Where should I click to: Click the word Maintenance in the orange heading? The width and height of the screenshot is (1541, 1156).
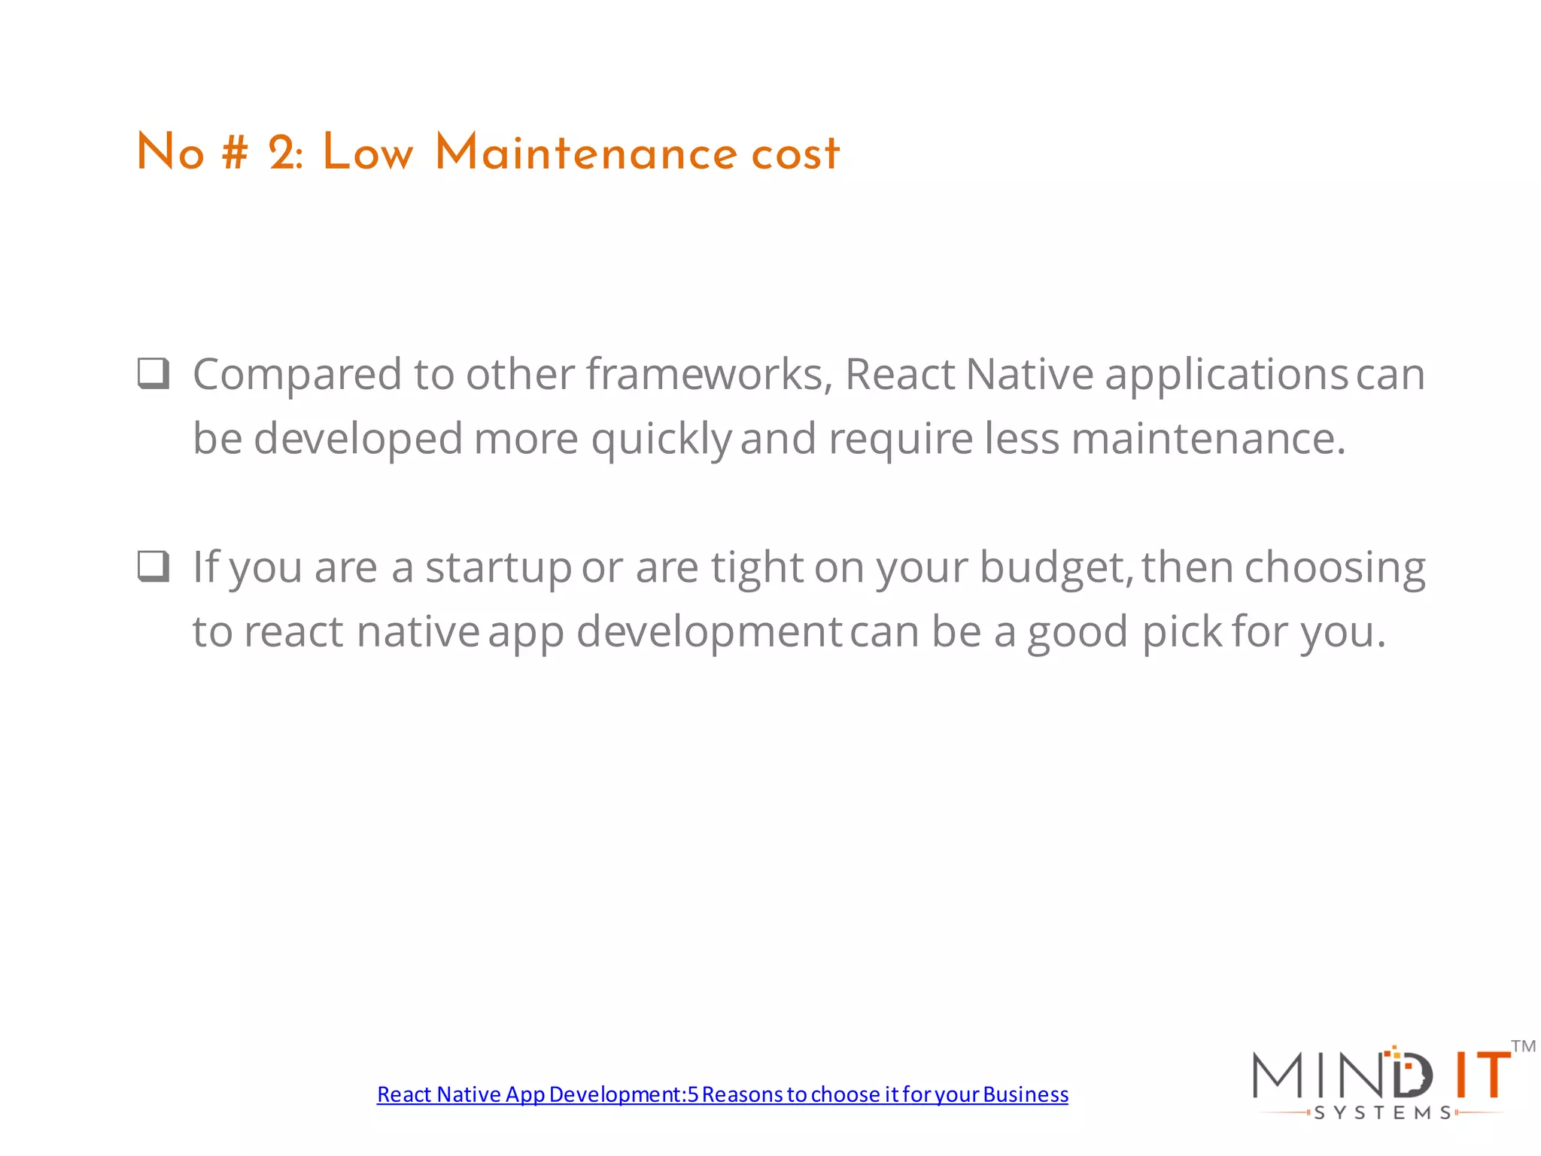click(585, 154)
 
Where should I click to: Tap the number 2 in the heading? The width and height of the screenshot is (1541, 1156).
click(284, 154)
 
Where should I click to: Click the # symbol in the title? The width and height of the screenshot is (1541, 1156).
click(235, 154)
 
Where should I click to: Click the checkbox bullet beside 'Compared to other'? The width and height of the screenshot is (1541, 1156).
click(153, 373)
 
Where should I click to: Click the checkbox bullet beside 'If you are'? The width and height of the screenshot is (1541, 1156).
click(153, 567)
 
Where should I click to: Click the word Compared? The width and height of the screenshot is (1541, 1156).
click(297, 376)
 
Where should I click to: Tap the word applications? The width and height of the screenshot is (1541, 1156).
click(1226, 376)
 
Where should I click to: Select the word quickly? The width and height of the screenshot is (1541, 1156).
click(661, 440)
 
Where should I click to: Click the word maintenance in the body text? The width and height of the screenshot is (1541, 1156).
click(1208, 439)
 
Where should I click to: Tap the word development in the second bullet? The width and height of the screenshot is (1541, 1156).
click(709, 633)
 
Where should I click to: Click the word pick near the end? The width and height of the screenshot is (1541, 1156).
click(1182, 633)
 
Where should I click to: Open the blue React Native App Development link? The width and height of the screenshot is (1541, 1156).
click(722, 1094)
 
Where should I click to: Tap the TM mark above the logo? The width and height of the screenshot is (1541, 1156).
click(1523, 1046)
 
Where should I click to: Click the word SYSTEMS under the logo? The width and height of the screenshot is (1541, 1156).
click(1383, 1113)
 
